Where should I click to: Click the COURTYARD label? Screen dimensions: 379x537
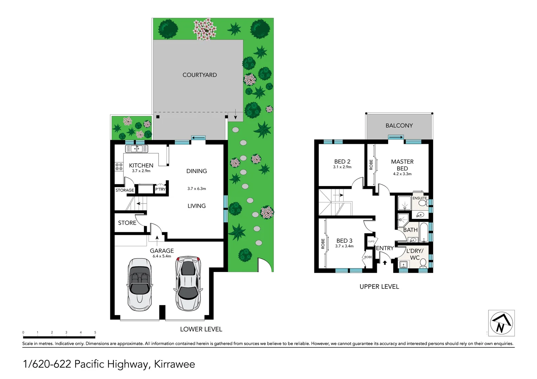tap(199, 75)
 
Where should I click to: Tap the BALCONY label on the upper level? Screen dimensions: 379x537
tap(399, 126)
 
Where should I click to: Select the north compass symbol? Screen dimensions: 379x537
tap(501, 323)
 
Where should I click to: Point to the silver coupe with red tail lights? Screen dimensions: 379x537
tap(188, 283)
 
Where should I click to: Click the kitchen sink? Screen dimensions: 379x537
tap(137, 149)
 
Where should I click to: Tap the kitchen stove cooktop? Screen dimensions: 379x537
tap(119, 167)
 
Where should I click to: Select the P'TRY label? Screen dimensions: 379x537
tap(160, 189)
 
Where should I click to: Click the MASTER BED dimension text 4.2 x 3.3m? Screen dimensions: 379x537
tap(402, 174)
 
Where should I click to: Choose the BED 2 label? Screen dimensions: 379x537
tap(342, 161)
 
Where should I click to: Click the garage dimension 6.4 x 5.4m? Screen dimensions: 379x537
tap(162, 256)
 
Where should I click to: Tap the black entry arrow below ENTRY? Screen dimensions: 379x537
tap(385, 262)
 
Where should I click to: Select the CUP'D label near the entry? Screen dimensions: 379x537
tap(371, 241)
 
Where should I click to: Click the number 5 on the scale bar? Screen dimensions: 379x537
tap(95, 332)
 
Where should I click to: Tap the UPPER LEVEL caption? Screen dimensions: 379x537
tap(379, 287)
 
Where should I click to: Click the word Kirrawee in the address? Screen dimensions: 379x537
tap(175, 364)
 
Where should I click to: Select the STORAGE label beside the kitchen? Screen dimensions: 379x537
tap(125, 190)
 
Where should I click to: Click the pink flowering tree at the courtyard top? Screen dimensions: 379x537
tap(204, 29)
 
